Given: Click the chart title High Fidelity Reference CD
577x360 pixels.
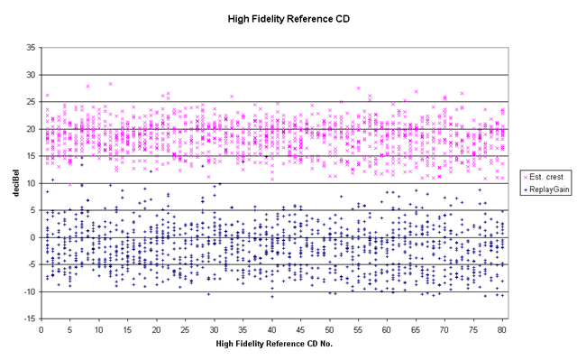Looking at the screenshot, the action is pos(288,19).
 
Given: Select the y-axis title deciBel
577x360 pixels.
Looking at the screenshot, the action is pos(16,183).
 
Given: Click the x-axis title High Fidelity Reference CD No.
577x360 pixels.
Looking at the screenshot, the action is pos(274,344).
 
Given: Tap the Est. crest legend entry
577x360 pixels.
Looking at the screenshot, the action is pos(546,177).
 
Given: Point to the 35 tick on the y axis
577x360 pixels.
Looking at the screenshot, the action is pos(31,48).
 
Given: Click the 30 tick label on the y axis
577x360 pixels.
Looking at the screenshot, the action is pos(31,75).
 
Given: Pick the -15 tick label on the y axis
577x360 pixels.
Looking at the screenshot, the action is pos(29,318).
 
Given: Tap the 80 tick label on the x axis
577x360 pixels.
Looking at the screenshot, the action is pos(502,329).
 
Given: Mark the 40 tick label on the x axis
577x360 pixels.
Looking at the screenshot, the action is pos(271,329).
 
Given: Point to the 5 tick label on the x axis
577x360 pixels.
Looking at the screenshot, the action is pos(70,329).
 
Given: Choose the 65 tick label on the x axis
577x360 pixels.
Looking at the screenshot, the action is pos(416,329).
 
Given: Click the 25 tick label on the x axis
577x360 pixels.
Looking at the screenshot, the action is pos(185,329).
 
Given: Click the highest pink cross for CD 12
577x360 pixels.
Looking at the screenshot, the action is pos(110,84).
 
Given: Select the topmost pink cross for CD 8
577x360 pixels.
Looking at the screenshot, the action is pos(87,86).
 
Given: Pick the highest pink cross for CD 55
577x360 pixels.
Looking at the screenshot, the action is pos(358,88).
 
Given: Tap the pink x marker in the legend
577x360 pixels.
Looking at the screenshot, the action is pos(526,178).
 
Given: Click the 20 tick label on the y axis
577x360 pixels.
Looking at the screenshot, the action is pos(31,129).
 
